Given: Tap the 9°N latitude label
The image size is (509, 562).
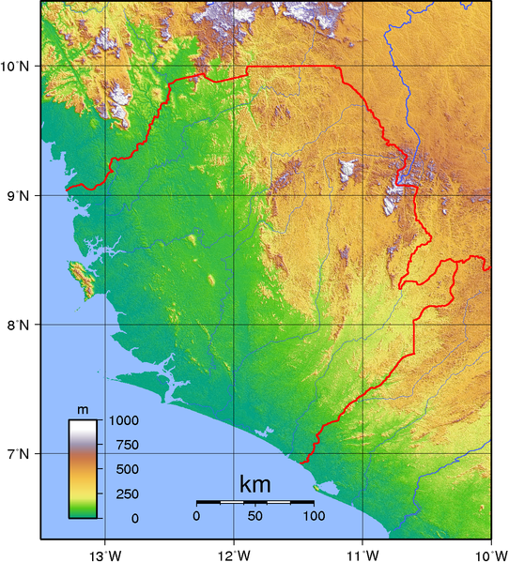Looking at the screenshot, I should point(18,195).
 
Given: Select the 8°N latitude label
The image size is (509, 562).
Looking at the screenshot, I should point(18,325).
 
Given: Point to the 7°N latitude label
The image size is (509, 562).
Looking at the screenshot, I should point(18,454).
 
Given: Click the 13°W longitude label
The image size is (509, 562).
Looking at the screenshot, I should point(107,553).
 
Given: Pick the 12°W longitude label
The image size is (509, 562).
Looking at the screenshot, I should point(236,553).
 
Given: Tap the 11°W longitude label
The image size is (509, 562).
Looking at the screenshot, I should point(364,553).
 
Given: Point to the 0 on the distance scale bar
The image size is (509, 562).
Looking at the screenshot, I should point(196,516).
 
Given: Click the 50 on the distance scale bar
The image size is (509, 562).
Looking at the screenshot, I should point(254,516).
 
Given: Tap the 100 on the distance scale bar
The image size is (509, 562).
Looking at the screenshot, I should point(314,516).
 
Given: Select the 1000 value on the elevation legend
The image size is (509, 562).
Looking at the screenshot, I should point(124,420).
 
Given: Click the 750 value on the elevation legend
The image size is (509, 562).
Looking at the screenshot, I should point(122,445).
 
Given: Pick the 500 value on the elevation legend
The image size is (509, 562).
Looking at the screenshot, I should point(122,469).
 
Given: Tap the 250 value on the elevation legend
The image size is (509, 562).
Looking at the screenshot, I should point(122,494).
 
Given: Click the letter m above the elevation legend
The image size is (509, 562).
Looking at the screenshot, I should point(83,410).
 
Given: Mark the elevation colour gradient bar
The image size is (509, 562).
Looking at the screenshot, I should point(83,468).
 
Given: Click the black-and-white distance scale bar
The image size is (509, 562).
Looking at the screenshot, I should point(254,503).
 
